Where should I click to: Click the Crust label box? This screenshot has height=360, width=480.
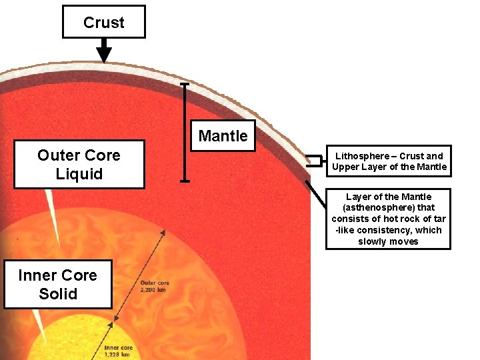(103, 22)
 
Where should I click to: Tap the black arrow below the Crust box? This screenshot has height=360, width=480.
(103, 51)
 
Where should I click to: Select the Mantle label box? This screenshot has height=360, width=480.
(223, 136)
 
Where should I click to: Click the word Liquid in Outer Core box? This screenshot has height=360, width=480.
(79, 174)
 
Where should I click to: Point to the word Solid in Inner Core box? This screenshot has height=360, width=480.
(58, 294)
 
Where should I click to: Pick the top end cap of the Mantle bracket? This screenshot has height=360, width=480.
(185, 85)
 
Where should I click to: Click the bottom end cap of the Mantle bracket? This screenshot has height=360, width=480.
(185, 180)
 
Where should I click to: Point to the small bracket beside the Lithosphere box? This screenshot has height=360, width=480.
(313, 160)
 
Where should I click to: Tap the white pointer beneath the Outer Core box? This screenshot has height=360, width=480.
(49, 206)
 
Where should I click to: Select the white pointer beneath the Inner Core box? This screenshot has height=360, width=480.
(39, 327)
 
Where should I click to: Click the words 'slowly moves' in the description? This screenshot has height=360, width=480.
(388, 241)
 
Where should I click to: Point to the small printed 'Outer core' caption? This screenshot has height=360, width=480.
(155, 283)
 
